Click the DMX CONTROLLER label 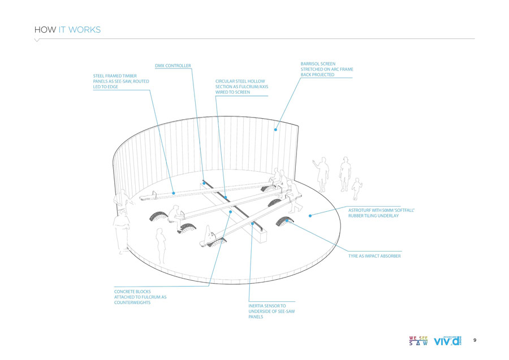pos(173,66)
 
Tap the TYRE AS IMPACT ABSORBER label pos(374,256)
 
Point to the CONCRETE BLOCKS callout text pos(140,297)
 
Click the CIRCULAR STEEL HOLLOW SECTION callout pos(240,86)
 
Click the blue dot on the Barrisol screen pos(276,129)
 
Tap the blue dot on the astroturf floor pos(310,215)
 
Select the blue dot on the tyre pos(287,220)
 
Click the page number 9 pos(475,340)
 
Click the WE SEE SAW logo pos(419,341)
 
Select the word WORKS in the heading pos(84,29)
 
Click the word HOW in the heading pos(45,29)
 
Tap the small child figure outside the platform pos(356,189)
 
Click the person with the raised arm pos(322,173)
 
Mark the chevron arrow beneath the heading pos(37,41)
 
